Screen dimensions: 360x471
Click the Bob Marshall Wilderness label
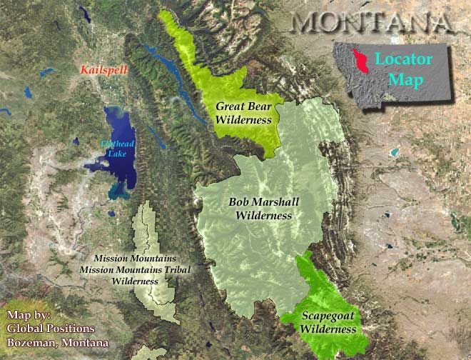260,208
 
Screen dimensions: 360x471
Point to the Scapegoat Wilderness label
328,322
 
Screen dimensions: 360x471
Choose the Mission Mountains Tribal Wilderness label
135,269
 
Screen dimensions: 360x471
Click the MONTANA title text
373,22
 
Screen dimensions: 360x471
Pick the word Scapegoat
328,316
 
